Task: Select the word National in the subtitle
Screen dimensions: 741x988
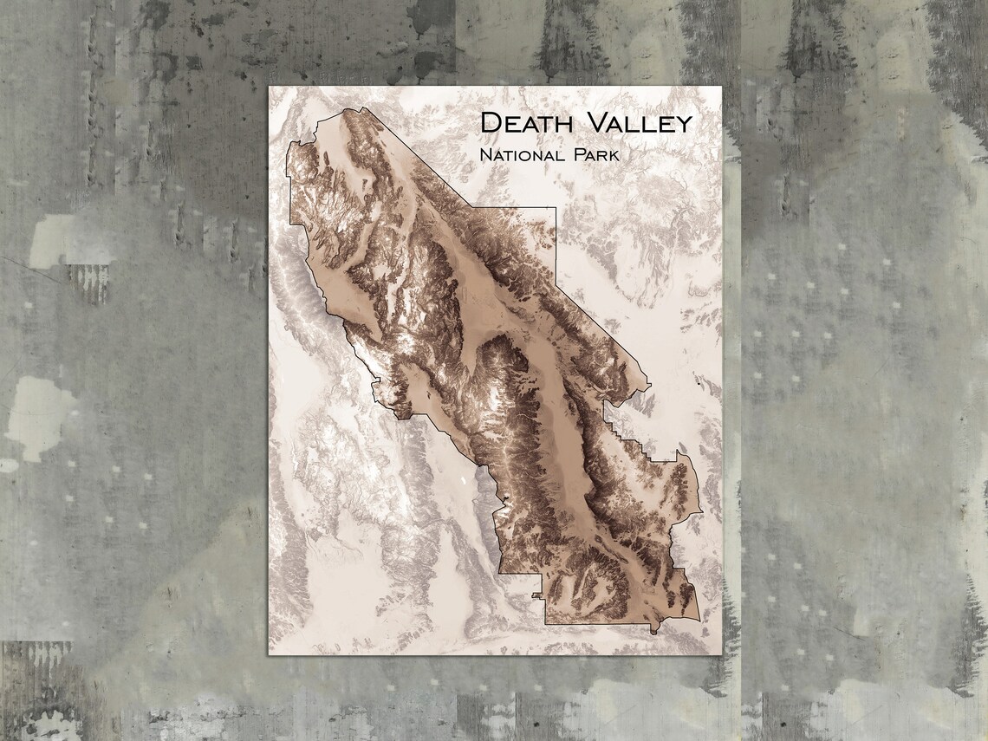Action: [515, 156]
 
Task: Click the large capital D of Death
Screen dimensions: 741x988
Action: [491, 122]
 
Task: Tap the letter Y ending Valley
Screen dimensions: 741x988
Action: [683, 124]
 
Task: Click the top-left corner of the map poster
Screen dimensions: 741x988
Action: [269, 87]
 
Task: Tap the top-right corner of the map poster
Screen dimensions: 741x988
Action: [721, 87]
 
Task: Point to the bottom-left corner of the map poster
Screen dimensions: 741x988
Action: [269, 654]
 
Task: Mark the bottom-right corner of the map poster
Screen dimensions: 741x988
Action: [721, 654]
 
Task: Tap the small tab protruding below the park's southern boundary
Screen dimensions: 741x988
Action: [537, 596]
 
